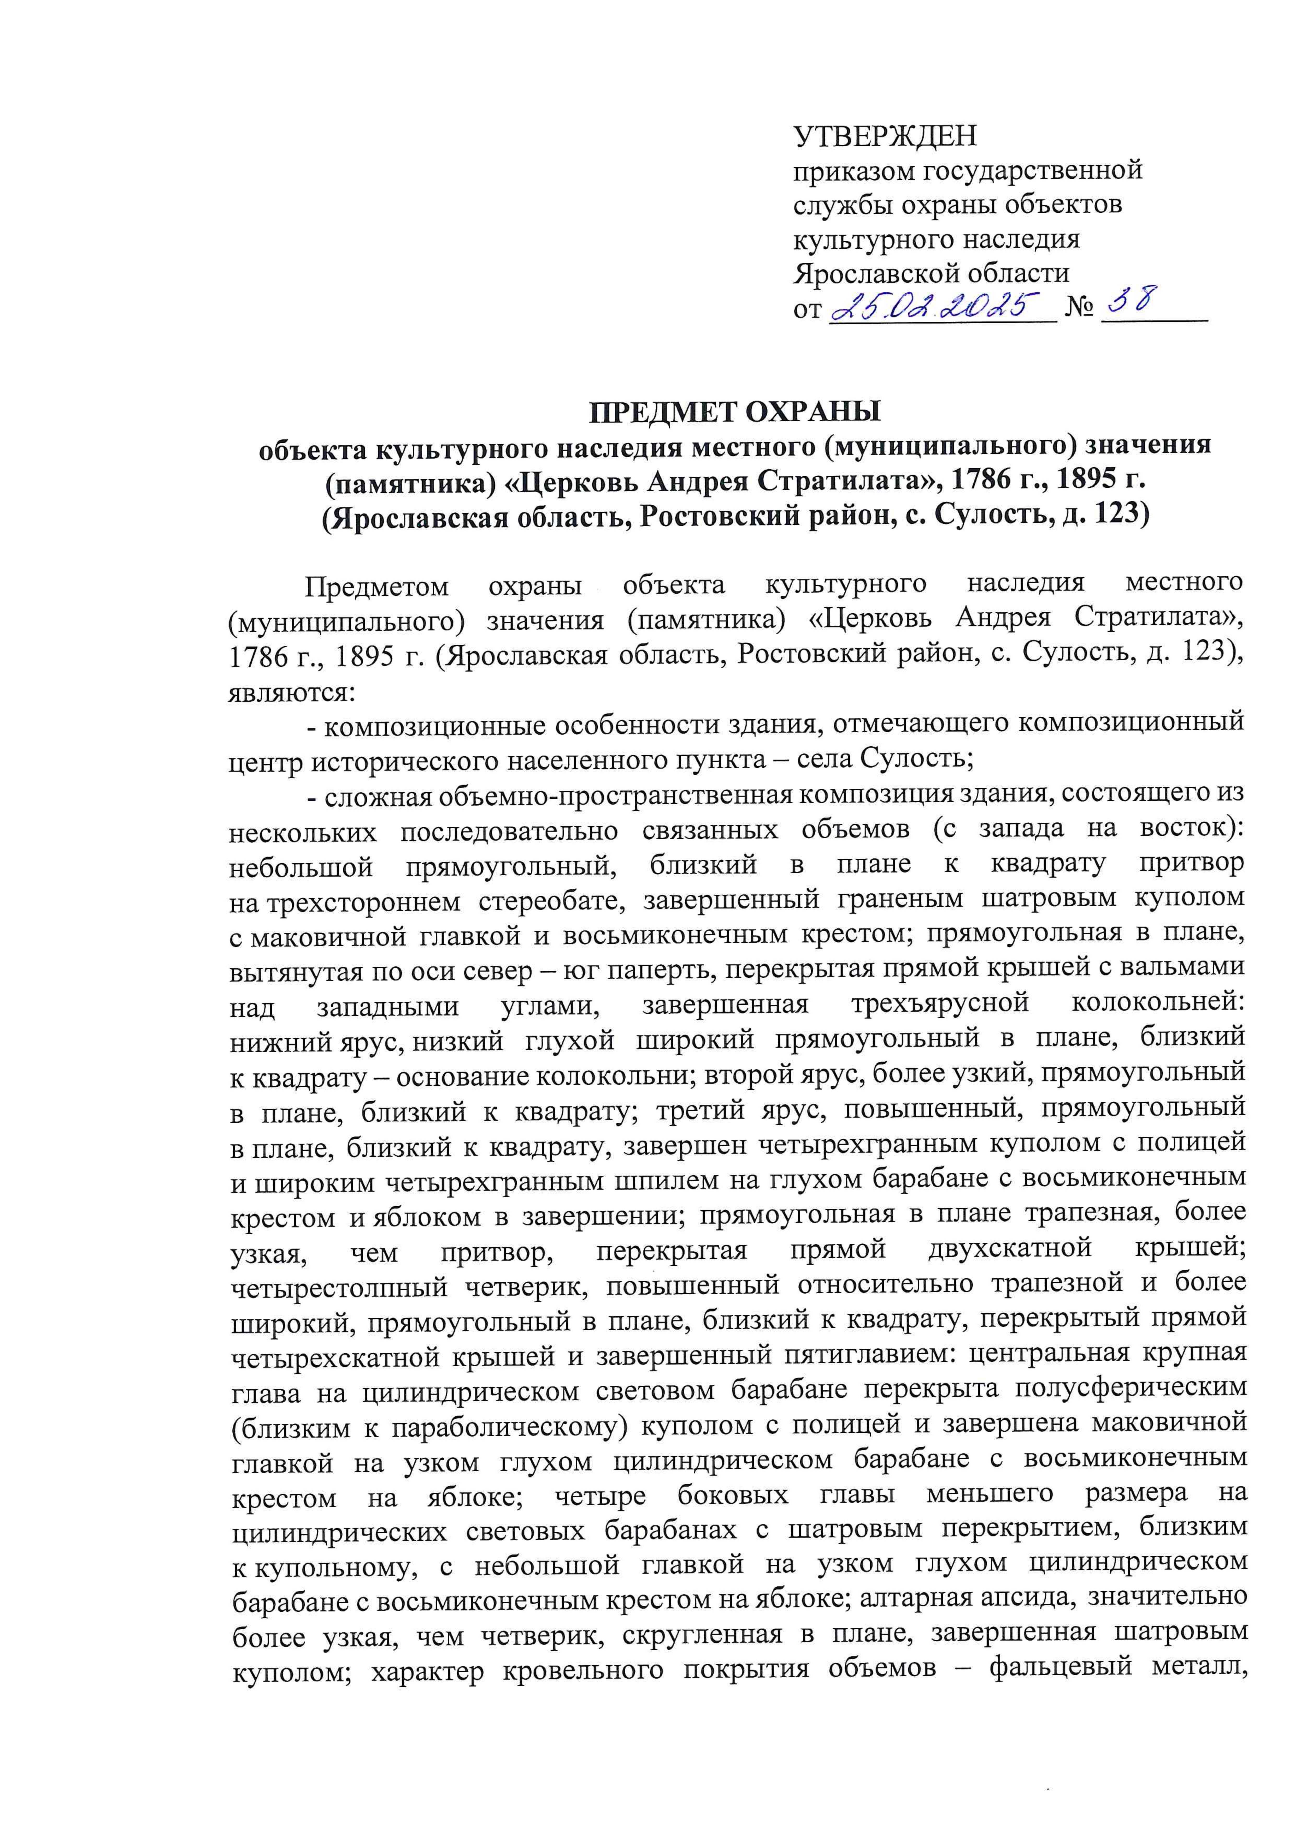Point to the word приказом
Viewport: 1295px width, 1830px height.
(x=853, y=171)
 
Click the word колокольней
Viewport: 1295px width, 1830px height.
(x=1158, y=1006)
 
